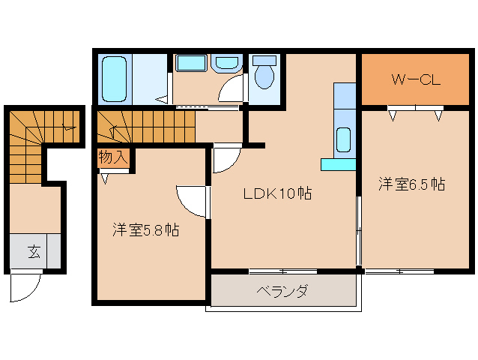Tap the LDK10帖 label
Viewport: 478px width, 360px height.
tap(276, 193)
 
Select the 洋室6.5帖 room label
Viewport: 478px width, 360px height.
tap(411, 183)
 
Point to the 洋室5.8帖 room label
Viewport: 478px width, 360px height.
tap(145, 229)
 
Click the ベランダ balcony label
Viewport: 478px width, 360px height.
tap(281, 291)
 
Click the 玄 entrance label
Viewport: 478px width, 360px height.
tap(35, 252)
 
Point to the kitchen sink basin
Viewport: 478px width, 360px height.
tap(344, 139)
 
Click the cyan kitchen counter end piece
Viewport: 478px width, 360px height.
tap(338, 164)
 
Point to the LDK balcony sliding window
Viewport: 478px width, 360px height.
tap(282, 271)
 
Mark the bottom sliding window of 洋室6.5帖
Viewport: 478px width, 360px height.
tap(400, 271)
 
